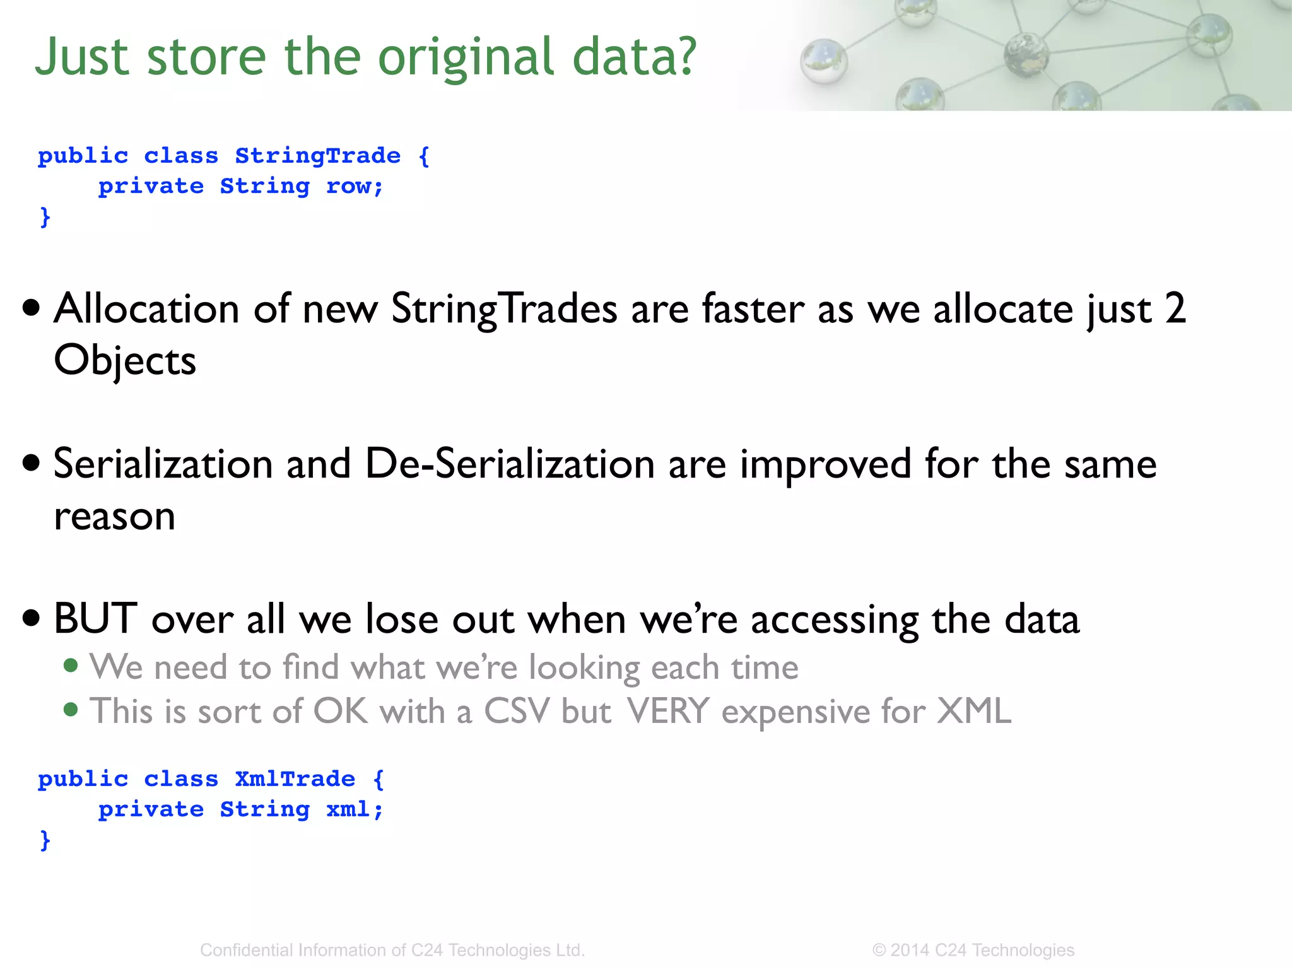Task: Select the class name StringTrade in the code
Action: pyautogui.click(x=317, y=155)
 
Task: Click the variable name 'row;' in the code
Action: pyautogui.click(x=355, y=186)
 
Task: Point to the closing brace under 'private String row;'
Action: pyautogui.click(x=45, y=216)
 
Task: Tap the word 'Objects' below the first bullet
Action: pyautogui.click(x=125, y=361)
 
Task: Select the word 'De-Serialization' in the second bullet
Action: pyautogui.click(x=510, y=464)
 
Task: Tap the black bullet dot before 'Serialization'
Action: pyautogui.click(x=31, y=463)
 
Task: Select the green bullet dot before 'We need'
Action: pyautogui.click(x=71, y=666)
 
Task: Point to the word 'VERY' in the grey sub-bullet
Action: pyautogui.click(x=668, y=711)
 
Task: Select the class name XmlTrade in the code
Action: pyautogui.click(x=295, y=778)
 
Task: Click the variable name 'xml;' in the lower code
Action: pyautogui.click(x=355, y=809)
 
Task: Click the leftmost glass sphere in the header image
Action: pyautogui.click(x=823, y=61)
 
